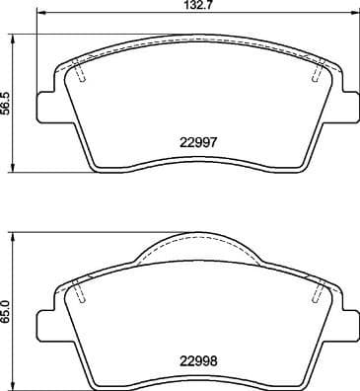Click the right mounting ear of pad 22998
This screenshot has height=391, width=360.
click(x=347, y=322)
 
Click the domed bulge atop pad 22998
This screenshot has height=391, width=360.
click(x=197, y=244)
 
